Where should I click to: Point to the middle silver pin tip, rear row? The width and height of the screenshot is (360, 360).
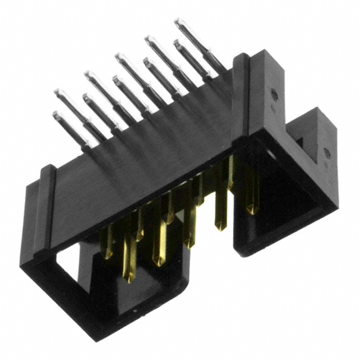click(119, 56)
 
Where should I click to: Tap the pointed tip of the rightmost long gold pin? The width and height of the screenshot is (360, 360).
click(251, 211)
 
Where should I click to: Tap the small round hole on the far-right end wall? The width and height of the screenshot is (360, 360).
click(326, 152)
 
